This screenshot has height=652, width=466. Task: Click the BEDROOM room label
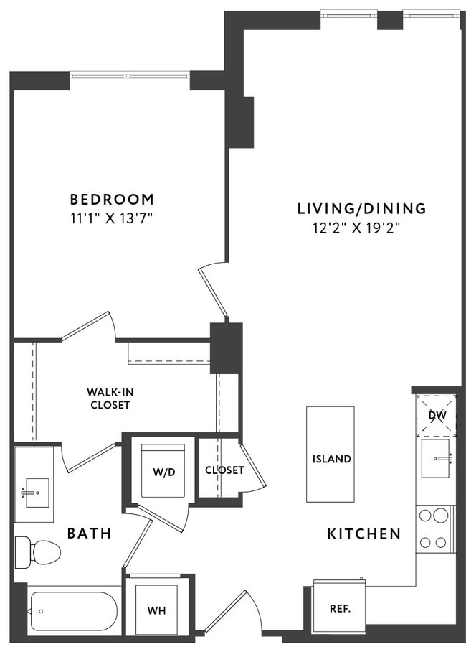tap(111, 199)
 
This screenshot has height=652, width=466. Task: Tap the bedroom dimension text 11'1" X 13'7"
tap(111, 218)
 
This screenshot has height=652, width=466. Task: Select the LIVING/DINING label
tap(361, 209)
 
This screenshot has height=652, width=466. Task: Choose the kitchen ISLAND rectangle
tap(331, 454)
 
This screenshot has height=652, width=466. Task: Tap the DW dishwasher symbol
tap(436, 416)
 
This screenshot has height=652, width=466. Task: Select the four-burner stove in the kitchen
tap(434, 528)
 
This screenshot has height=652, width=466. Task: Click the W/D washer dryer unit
tap(163, 471)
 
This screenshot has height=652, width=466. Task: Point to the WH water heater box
tap(156, 609)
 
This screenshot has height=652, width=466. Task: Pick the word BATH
tap(89, 534)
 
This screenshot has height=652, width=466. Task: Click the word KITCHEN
tap(363, 534)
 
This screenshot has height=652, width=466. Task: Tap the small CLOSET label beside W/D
tap(224, 471)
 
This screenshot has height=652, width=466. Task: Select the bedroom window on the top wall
tap(130, 75)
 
